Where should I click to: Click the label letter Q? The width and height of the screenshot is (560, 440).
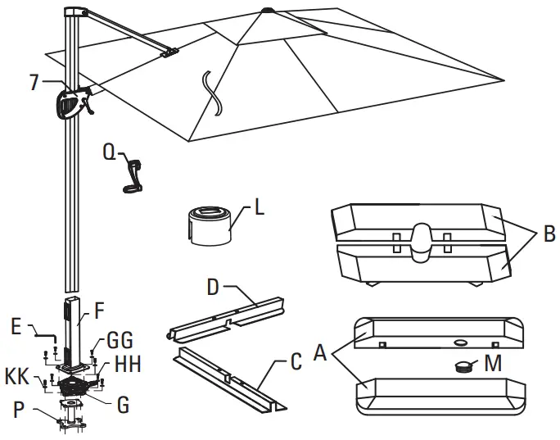109,152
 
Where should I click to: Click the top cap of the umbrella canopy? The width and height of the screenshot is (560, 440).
268,12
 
